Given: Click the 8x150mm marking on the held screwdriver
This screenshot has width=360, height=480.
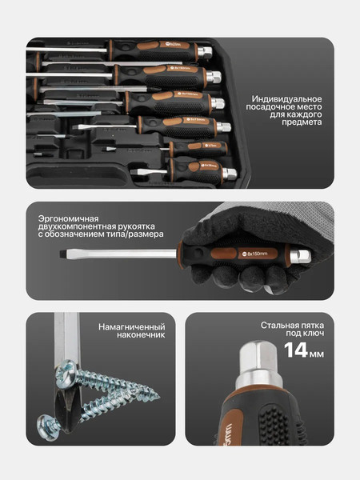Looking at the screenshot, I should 258,254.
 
